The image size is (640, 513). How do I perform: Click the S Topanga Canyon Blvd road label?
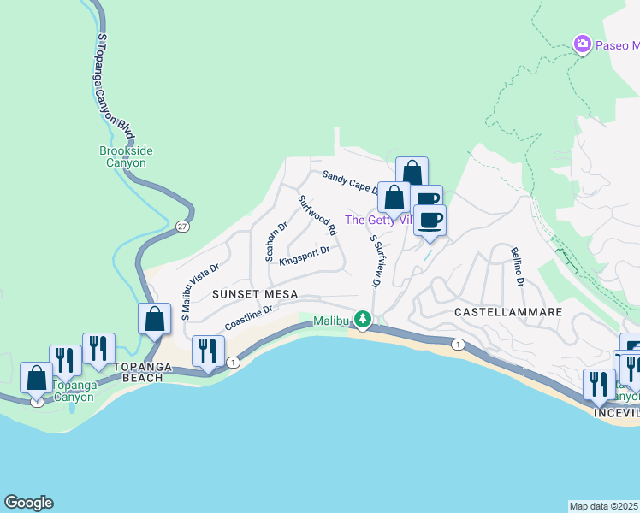pyautogui.click(x=116, y=85)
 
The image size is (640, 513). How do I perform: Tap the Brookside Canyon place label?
pyautogui.click(x=126, y=156)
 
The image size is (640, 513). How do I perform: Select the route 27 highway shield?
pyautogui.click(x=182, y=227)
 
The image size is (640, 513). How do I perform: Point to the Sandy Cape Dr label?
pyautogui.click(x=350, y=182)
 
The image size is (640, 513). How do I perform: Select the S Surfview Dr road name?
pyautogui.click(x=375, y=260)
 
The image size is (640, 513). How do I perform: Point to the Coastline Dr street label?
pyautogui.click(x=248, y=319)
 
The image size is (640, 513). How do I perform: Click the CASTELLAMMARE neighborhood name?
pyautogui.click(x=507, y=312)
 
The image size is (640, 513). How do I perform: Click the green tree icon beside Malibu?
pyautogui.click(x=364, y=319)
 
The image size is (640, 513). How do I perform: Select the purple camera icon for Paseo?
pyautogui.click(x=583, y=43)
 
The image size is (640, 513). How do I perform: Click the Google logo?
pyautogui.click(x=28, y=503)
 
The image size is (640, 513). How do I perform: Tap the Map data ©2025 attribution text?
pyautogui.click(x=603, y=505)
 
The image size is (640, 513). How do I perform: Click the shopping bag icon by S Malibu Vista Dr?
pyautogui.click(x=154, y=319)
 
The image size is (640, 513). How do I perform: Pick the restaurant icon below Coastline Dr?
pyautogui.click(x=208, y=350)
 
